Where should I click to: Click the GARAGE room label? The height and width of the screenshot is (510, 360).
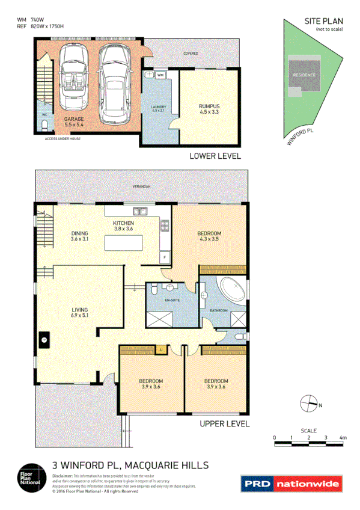(74, 120)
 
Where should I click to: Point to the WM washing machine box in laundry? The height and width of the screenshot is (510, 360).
(160, 75)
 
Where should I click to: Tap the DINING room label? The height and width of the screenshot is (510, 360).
(79, 234)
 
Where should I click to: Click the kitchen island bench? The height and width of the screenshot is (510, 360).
(124, 242)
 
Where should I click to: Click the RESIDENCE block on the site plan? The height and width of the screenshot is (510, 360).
(304, 75)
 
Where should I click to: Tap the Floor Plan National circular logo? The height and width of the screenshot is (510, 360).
(29, 476)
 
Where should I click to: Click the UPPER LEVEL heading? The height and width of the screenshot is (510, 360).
(224, 424)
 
